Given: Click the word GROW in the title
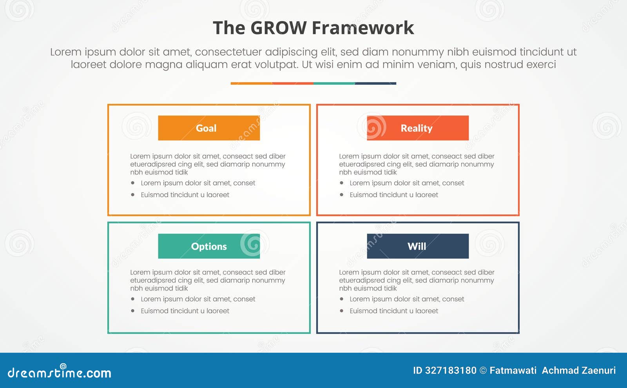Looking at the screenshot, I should pos(278,28).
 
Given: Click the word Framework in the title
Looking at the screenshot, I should pos(363,28).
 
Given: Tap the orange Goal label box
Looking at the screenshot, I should pos(209,128).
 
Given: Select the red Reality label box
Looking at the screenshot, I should pos(418,128).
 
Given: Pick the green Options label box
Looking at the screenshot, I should pos(209,246).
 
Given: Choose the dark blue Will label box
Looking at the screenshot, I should pos(418,246).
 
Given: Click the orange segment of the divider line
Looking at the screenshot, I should pos(251,83).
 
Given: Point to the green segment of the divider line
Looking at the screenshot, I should pos(334,83).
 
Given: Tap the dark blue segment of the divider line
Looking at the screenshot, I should pos(375,83).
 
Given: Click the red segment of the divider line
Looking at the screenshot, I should pos(292,83).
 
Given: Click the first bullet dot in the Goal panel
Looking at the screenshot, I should pos(133,183).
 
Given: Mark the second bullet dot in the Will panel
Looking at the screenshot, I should pos(342,311).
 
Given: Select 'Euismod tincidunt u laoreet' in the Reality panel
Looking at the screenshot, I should pos(394,195).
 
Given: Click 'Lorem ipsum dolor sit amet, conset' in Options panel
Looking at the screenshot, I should pos(198,299).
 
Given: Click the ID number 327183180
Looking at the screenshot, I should pos(451,370).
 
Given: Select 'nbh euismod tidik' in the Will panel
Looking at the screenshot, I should pos(368,288).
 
